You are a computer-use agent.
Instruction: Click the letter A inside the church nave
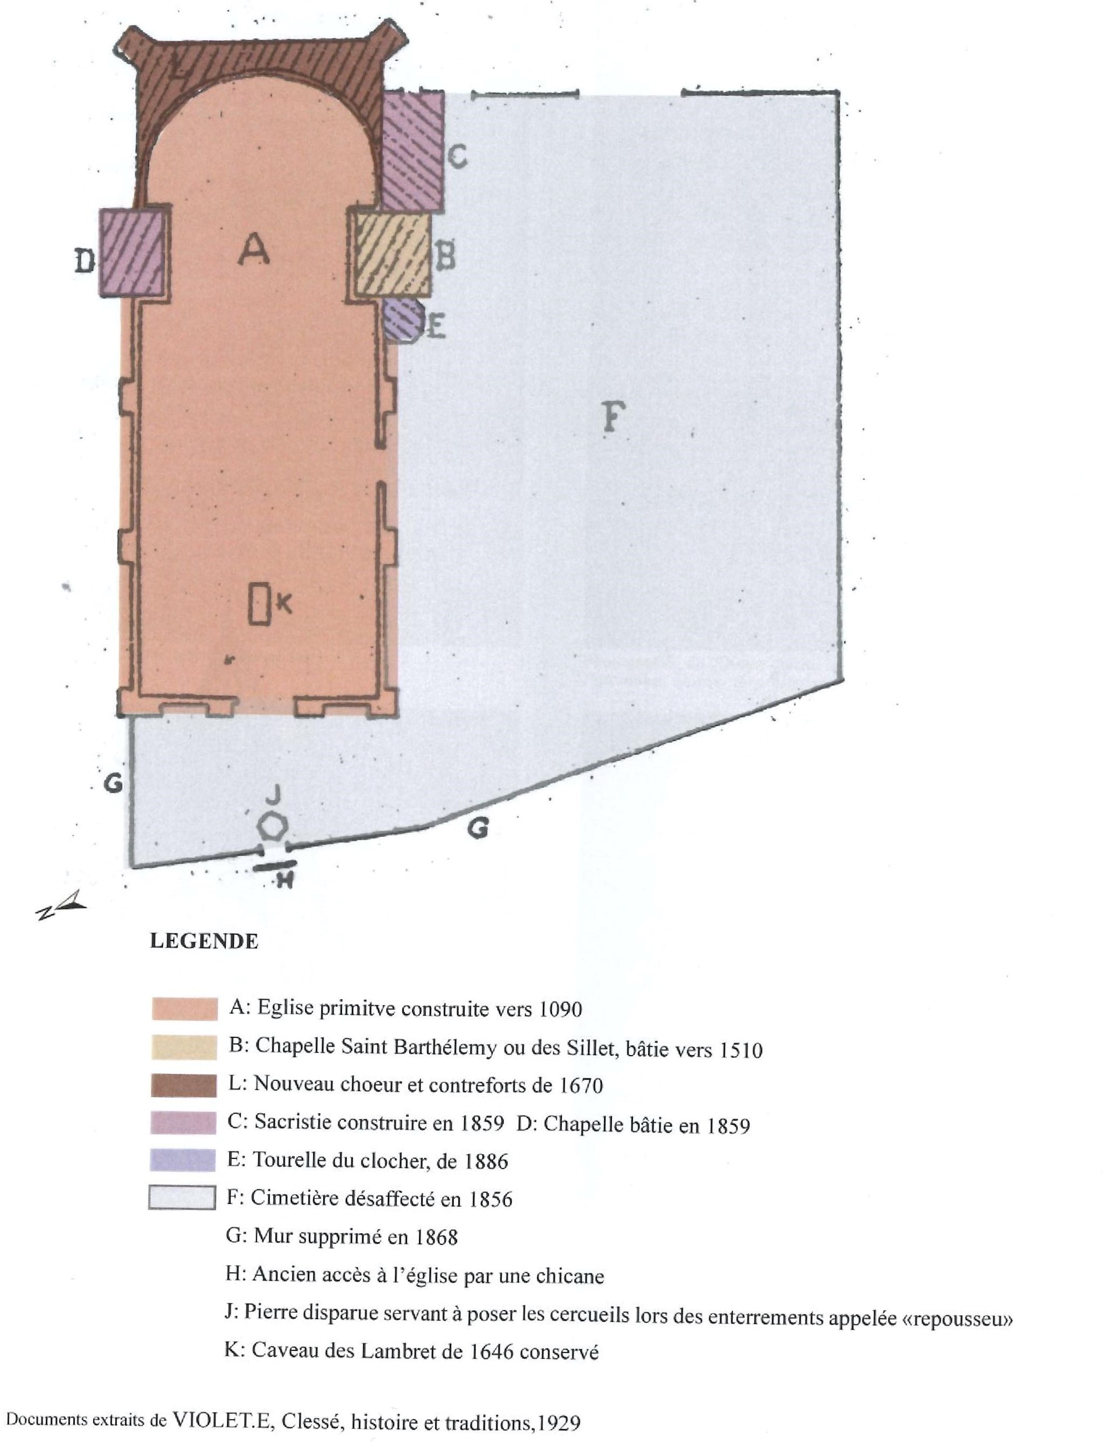pos(253,250)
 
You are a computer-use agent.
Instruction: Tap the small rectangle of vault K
pos(259,603)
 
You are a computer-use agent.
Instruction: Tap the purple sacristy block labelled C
pos(412,151)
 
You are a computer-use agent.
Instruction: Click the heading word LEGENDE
pos(204,941)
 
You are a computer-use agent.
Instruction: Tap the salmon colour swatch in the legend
pos(184,1008)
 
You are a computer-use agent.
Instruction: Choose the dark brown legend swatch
pos(184,1085)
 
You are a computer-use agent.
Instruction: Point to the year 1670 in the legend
pos(580,1085)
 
